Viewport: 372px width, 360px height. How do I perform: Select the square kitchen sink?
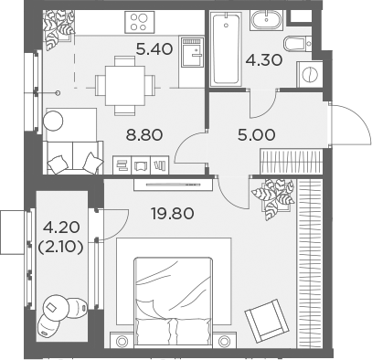point(192,53)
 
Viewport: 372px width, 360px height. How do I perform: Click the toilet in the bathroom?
point(294,45)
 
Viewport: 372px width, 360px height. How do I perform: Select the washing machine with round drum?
point(308,74)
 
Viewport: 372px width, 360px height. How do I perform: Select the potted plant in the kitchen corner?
point(64,25)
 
